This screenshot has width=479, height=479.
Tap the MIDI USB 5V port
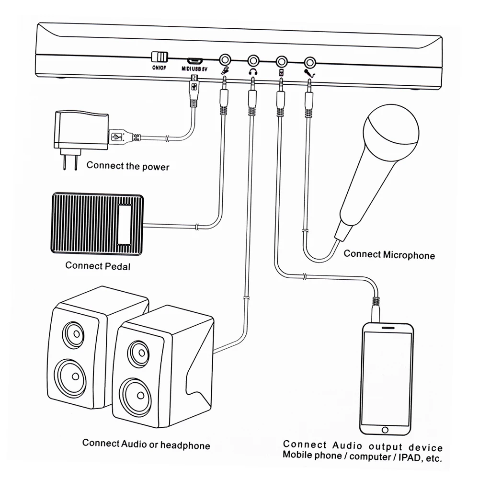click(194, 61)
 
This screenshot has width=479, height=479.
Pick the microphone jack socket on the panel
click(311, 61)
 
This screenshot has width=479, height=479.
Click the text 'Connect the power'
click(128, 166)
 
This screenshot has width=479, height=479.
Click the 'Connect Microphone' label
click(389, 254)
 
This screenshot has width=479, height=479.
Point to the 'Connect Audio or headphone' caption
click(146, 445)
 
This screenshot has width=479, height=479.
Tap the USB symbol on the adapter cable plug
click(116, 137)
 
